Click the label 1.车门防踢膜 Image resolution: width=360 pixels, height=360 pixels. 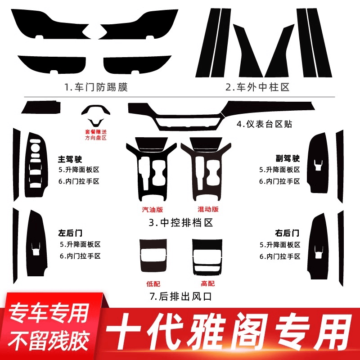tap(96, 87)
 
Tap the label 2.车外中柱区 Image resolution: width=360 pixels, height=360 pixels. tap(257, 87)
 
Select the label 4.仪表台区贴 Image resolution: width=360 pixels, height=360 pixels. tap(264, 124)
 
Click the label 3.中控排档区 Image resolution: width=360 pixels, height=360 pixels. tap(181, 222)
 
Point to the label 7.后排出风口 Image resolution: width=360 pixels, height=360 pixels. tap(180, 297)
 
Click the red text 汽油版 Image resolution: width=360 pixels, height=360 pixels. tap(153, 209)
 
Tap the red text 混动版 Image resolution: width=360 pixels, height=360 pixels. tap(208, 209)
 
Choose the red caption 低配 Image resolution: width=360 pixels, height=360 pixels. tap(153, 284)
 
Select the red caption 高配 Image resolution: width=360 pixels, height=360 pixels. tap(208, 284)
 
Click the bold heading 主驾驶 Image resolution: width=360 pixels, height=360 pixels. tap(70, 159)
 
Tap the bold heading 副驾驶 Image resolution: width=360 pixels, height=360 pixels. tap(288, 158)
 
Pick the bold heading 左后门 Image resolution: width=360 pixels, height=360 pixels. tap(70, 233)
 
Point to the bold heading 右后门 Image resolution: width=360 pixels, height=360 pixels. tap(287, 233)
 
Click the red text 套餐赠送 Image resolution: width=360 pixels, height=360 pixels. tap(96, 132)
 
